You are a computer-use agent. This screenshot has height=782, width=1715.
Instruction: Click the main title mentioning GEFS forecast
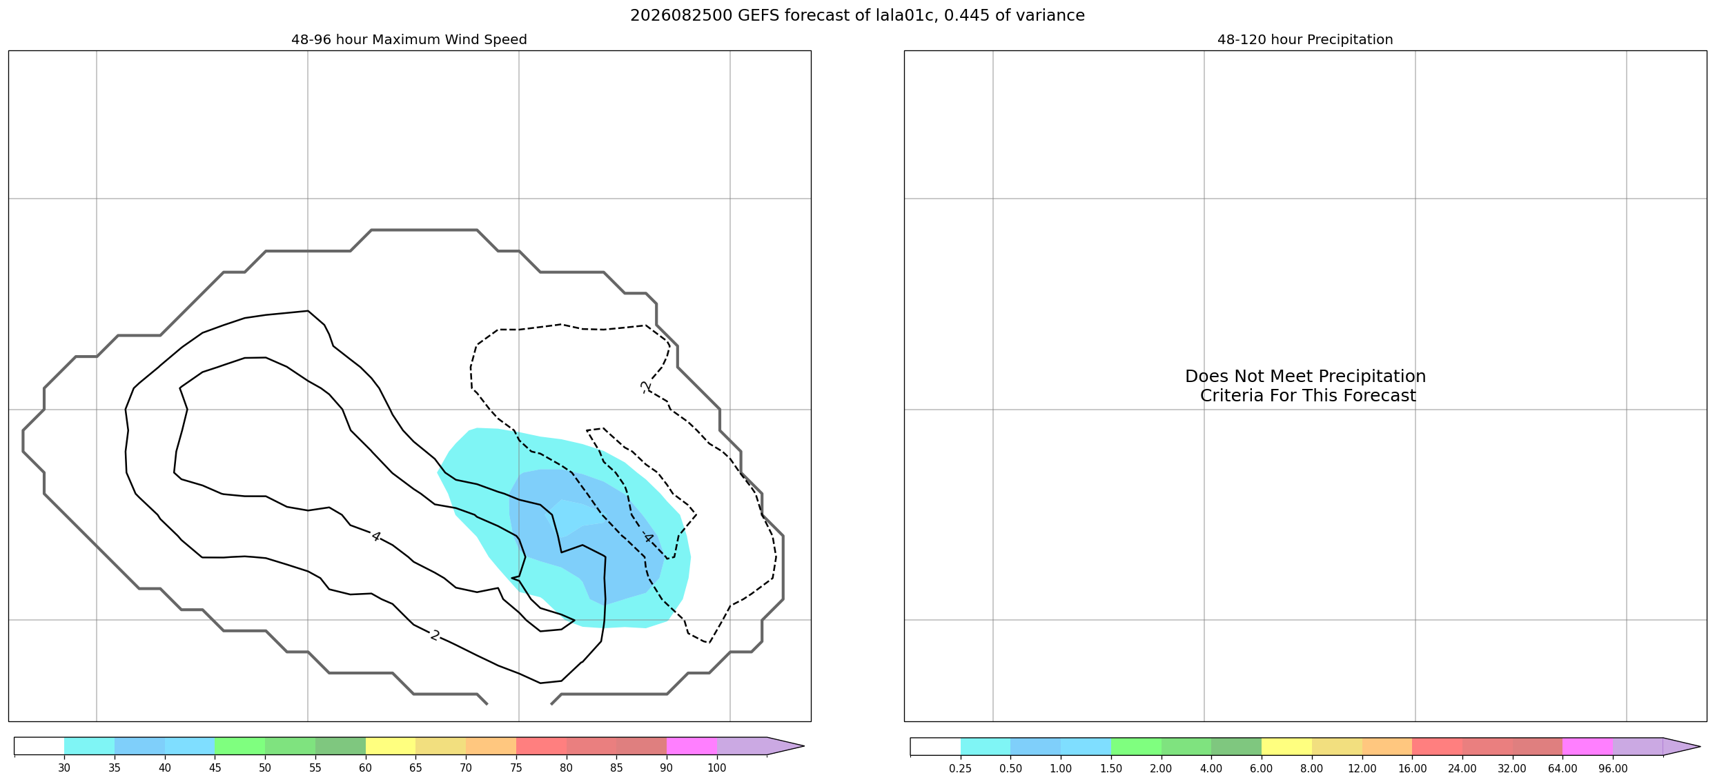tap(857, 15)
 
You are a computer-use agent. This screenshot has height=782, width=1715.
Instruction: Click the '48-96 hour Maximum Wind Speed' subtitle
tap(409, 40)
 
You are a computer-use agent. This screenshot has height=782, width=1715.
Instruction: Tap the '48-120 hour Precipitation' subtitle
tap(1305, 40)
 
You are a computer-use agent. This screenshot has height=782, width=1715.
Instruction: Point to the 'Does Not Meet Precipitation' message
tap(1305, 377)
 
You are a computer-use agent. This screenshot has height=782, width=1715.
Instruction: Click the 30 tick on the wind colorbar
tap(64, 768)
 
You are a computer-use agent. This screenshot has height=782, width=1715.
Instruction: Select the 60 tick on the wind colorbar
tap(365, 768)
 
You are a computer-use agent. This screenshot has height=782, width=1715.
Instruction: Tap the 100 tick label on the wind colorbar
tap(717, 768)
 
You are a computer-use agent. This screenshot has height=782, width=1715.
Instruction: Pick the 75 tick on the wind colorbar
tap(516, 768)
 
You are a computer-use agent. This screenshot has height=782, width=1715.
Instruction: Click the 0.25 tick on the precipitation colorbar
tap(960, 768)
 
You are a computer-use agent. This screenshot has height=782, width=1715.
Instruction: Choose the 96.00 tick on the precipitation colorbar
tap(1613, 768)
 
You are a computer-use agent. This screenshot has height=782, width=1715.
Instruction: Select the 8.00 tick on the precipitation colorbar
tap(1311, 768)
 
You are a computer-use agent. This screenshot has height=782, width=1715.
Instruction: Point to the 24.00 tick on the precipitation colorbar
tap(1462, 768)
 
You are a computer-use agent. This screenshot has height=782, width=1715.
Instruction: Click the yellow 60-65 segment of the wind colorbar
tap(391, 746)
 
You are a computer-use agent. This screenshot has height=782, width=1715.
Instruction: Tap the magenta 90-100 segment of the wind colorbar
tap(692, 746)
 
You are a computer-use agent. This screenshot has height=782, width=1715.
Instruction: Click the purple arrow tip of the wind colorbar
tap(804, 746)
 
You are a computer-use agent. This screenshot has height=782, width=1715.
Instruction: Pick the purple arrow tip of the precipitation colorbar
tap(1700, 746)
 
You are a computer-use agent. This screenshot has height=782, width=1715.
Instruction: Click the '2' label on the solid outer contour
tap(435, 635)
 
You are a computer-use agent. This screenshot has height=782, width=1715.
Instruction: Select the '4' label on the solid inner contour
tap(375, 537)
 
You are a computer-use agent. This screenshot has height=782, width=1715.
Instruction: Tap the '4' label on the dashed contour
tap(647, 538)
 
